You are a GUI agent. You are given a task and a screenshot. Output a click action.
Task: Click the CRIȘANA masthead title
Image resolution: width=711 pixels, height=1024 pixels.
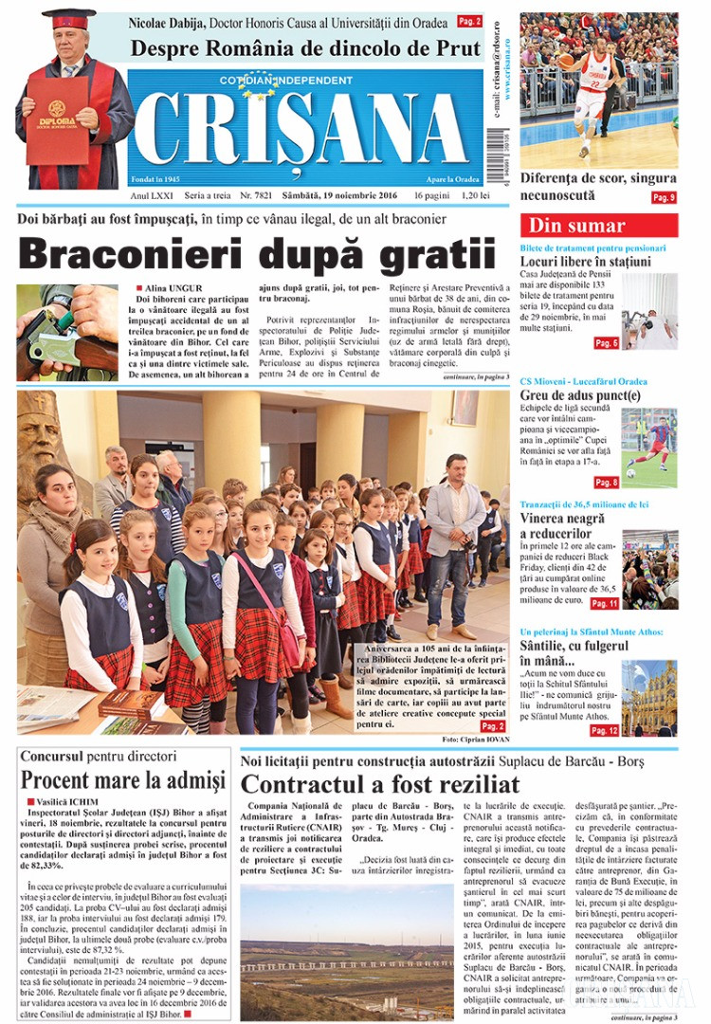coord(305,130)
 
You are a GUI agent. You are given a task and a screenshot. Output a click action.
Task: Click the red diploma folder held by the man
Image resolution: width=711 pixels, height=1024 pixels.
coord(58,120)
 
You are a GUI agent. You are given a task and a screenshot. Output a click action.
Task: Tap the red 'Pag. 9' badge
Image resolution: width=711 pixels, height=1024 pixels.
coord(663,197)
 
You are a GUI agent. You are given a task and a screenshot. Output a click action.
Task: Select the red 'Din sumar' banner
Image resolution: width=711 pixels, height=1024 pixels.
coord(598,226)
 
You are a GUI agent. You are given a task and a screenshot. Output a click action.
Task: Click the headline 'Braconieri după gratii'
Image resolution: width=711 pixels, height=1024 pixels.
coord(257,256)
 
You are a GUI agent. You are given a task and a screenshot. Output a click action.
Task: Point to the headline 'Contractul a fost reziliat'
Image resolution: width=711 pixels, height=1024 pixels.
coord(380,783)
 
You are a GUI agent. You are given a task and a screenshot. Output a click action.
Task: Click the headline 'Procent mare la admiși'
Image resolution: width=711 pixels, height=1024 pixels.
coord(123,780)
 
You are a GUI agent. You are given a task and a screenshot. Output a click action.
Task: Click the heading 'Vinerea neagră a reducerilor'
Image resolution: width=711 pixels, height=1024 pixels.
coord(569,525)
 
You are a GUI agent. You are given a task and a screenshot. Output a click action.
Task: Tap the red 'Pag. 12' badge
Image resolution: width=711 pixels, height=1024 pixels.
coord(604,730)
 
